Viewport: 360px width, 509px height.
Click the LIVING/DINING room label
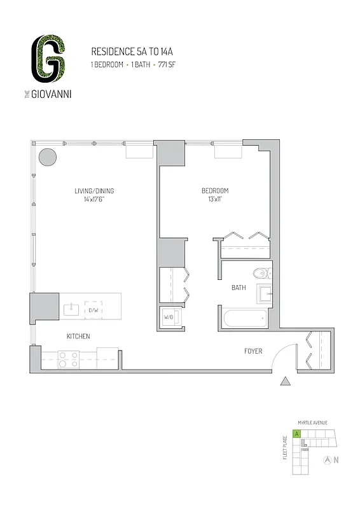click(x=94, y=191)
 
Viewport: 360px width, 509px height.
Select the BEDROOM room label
click(x=215, y=191)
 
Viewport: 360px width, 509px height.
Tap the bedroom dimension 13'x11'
click(x=215, y=199)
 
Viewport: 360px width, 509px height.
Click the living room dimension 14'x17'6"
click(x=94, y=199)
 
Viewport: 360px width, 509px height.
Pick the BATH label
click(x=239, y=288)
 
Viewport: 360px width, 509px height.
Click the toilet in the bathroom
click(x=261, y=274)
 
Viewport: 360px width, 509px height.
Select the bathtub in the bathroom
click(x=244, y=319)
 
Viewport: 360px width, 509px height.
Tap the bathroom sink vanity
click(x=264, y=295)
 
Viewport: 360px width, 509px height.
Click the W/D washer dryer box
click(x=170, y=316)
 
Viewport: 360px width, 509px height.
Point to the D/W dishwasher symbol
click(x=93, y=310)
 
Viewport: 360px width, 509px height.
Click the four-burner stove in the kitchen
click(x=67, y=359)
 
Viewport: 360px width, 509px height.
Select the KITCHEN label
click(x=78, y=336)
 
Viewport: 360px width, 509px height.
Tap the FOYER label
click(x=254, y=351)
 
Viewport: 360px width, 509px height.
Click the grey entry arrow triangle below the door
click(x=286, y=381)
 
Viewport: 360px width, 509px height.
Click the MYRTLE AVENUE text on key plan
click(x=311, y=422)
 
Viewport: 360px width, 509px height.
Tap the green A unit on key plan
click(x=296, y=435)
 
